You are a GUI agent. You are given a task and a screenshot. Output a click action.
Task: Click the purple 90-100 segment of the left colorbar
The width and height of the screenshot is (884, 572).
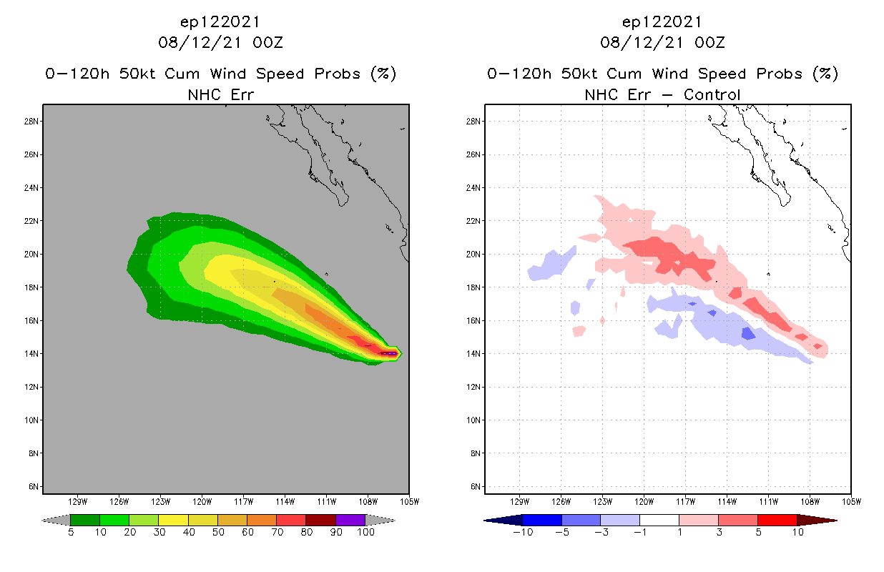pos(350,520)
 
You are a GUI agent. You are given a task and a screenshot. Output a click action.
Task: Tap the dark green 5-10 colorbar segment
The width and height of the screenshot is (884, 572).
pos(85,520)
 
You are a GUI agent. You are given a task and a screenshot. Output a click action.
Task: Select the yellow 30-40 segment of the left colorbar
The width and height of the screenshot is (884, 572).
pos(173,520)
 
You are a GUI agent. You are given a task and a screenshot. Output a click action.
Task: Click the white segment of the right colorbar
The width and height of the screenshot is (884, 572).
pos(659,520)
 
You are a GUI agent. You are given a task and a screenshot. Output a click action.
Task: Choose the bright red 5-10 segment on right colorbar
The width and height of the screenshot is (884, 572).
pos(777,520)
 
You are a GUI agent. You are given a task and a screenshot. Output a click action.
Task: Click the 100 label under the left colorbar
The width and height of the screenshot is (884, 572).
pos(365,532)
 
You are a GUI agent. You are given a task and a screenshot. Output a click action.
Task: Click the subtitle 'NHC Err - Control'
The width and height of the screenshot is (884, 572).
pos(662,94)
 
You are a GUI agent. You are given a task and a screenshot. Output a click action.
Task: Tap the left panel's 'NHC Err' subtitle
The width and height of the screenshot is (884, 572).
pos(220,94)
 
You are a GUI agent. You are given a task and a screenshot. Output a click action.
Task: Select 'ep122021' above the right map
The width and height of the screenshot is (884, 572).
pos(662,22)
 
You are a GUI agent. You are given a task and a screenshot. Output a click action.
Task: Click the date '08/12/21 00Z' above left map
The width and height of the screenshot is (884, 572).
pos(220,42)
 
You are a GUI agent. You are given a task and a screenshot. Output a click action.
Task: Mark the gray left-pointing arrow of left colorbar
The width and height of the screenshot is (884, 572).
pos(56,520)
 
